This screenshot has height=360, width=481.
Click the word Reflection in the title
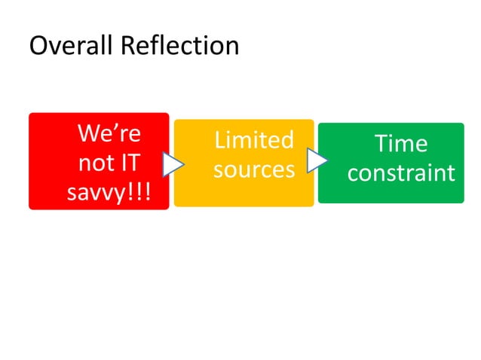pos(178,46)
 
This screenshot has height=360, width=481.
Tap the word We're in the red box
pos(109,136)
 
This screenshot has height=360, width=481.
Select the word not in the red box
pos(93,163)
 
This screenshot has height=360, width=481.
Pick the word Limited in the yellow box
pos(253,141)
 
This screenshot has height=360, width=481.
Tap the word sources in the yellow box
pos(253,169)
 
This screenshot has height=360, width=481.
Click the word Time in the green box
pos(401,144)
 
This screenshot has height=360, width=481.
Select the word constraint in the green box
pos(401,173)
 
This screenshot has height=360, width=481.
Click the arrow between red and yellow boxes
pos(173,164)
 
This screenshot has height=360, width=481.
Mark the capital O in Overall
pos(38,46)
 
